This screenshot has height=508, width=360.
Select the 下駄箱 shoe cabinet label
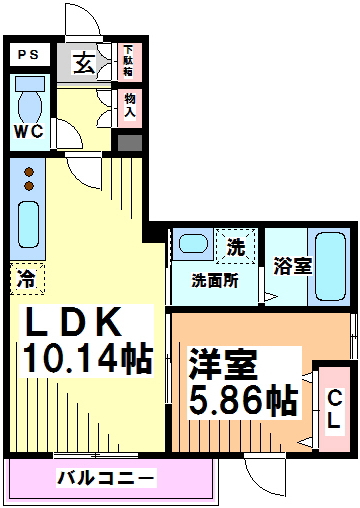tap(129, 63)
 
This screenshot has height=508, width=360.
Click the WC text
tap(28, 131)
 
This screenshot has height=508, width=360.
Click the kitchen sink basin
tap(28, 226)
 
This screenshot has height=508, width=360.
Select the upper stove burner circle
tap(28, 171)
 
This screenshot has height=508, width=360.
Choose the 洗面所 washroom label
tap(215, 281)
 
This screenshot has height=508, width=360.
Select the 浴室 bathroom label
tap(293, 267)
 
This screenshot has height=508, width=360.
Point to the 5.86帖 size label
tap(243, 400)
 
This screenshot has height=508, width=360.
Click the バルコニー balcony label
tap(106, 478)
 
